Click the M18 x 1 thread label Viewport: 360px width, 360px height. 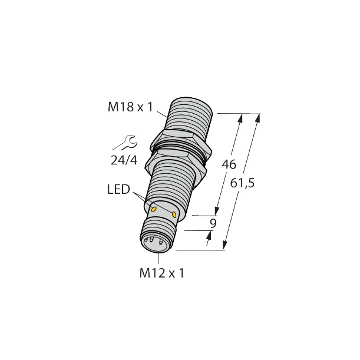[131, 107]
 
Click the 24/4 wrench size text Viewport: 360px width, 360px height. [124, 160]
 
